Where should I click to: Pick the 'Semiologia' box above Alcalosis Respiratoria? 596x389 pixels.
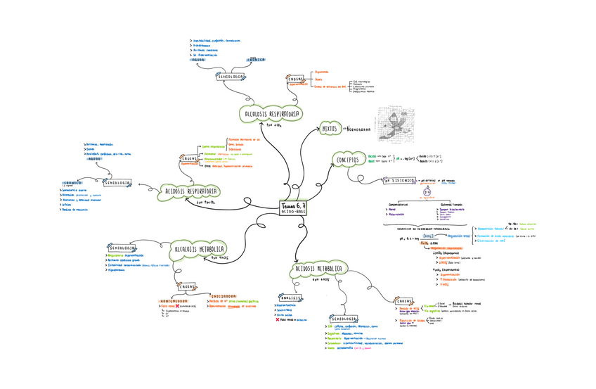click(231, 76)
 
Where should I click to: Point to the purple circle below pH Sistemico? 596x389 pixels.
click(425, 192)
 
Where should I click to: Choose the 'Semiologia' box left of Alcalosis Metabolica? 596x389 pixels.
click(122, 248)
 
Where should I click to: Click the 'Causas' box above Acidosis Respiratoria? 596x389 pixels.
click(190, 158)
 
